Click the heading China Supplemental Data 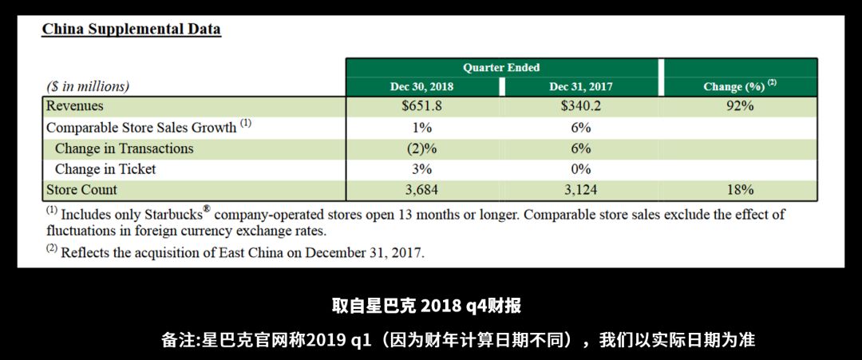[131, 30]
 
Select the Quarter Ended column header [501, 68]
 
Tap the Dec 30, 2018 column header [421, 86]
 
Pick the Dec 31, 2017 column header [581, 86]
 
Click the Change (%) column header [739, 86]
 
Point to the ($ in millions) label [88, 86]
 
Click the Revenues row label [75, 106]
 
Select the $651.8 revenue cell [421, 106]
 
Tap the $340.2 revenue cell [581, 106]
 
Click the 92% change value [739, 106]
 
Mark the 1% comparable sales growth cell [421, 128]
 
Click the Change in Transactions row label [124, 148]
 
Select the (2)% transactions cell [421, 148]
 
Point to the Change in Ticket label [105, 169]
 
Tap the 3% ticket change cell [421, 169]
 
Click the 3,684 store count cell [421, 190]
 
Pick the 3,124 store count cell [581, 190]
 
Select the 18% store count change [739, 190]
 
